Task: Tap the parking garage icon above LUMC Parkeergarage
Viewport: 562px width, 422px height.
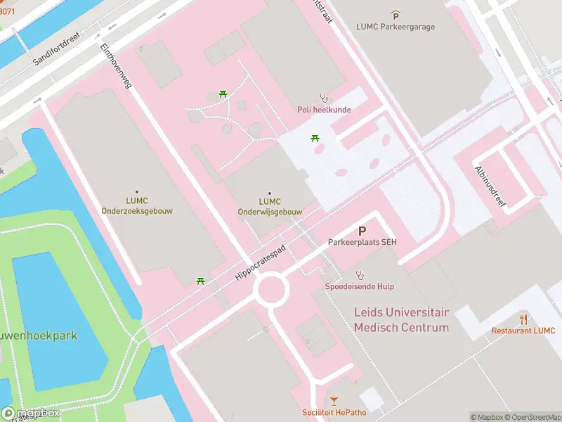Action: [x=396, y=15]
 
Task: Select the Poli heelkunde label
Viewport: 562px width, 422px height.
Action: [x=324, y=109]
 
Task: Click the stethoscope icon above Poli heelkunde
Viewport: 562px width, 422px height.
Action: [x=324, y=97]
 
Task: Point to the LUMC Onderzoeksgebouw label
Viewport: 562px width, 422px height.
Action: [x=136, y=205]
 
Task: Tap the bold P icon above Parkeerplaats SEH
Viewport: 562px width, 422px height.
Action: [x=362, y=230]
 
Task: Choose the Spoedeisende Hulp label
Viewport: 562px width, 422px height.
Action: [x=359, y=286]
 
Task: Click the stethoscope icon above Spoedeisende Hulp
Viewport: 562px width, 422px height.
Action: [x=360, y=274]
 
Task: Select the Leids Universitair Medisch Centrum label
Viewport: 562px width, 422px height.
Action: [x=401, y=321]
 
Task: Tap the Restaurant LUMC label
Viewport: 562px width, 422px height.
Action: [x=523, y=331]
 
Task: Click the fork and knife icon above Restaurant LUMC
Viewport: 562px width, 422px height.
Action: [x=523, y=319]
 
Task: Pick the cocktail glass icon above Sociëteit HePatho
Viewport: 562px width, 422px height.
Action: [x=334, y=400]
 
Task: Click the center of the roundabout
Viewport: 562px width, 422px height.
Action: [x=270, y=289]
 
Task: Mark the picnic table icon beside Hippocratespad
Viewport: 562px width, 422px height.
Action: [x=201, y=281]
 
